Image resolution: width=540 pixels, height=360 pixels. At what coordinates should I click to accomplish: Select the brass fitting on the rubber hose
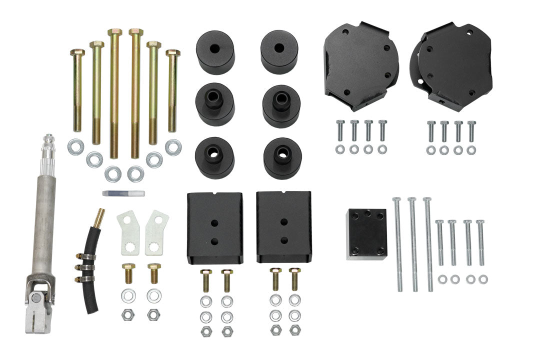pos(99,216)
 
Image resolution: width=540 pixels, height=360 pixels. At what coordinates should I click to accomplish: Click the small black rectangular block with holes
pos(366,234)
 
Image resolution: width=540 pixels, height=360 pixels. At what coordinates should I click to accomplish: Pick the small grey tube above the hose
pos(123,193)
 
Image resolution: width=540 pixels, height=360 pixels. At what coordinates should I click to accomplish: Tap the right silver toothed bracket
pos(156,232)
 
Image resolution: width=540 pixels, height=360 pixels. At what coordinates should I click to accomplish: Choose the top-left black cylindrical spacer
pos(215,52)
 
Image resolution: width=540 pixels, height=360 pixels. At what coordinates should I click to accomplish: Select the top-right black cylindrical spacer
pos(279,51)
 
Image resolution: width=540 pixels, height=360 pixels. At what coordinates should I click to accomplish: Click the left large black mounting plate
pos(361,65)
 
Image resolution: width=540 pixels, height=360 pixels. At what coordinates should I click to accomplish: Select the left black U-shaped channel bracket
pos(215,227)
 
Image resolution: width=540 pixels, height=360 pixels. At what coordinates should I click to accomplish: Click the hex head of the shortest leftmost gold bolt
pos(77,52)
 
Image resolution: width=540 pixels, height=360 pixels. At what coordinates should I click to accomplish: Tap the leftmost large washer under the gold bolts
pos(75,146)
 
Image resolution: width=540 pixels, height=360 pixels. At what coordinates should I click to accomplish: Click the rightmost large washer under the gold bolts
pos(173,147)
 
